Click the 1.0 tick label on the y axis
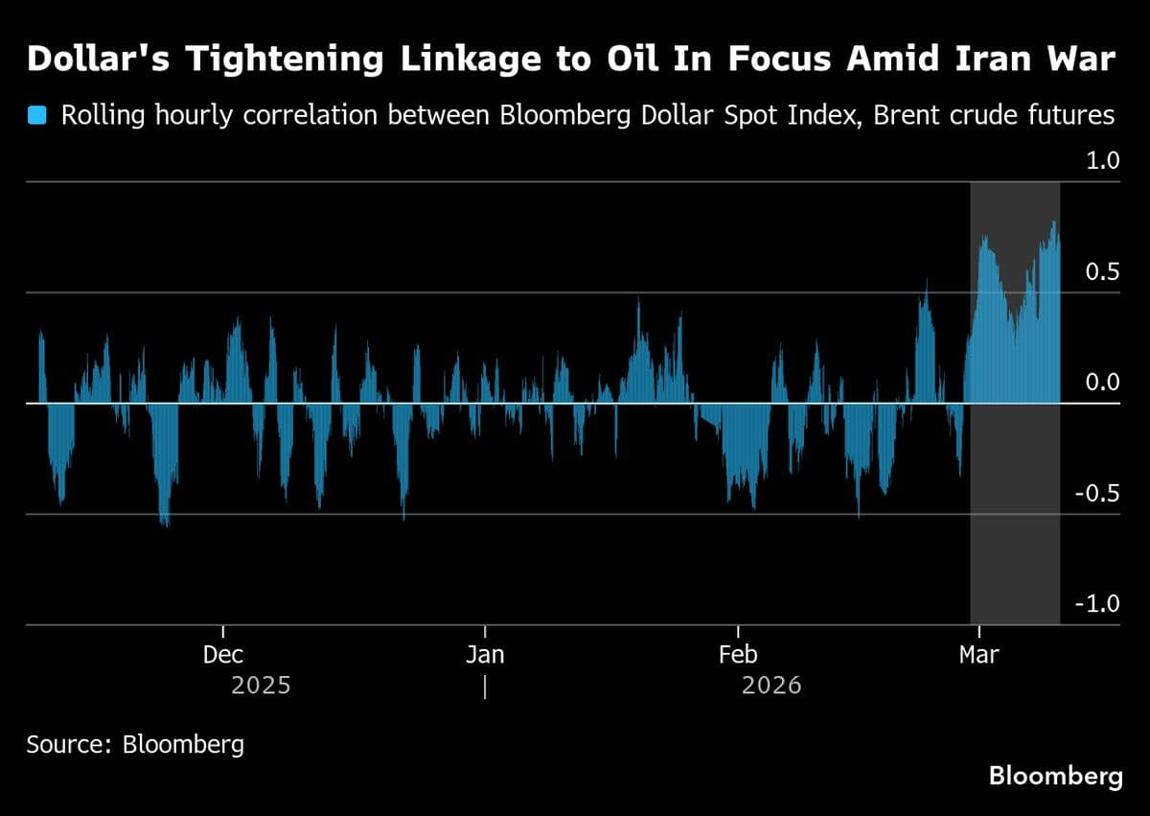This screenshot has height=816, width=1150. click(x=1102, y=161)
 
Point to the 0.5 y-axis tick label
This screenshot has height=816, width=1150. click(x=1102, y=272)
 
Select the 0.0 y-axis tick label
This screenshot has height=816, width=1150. click(x=1102, y=384)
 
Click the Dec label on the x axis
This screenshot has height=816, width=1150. click(x=223, y=655)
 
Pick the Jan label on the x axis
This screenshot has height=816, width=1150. click(x=485, y=655)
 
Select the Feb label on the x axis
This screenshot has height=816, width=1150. click(x=737, y=655)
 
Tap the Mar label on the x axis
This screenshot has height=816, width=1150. click(x=977, y=655)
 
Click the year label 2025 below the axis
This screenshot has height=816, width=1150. click(x=261, y=687)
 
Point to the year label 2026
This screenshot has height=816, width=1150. click(x=771, y=687)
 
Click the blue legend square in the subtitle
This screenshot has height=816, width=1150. click(x=37, y=116)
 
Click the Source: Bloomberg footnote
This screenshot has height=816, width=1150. click(x=135, y=744)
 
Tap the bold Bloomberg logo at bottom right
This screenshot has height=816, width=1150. click(x=1055, y=776)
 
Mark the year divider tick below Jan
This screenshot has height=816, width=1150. click(x=485, y=687)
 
